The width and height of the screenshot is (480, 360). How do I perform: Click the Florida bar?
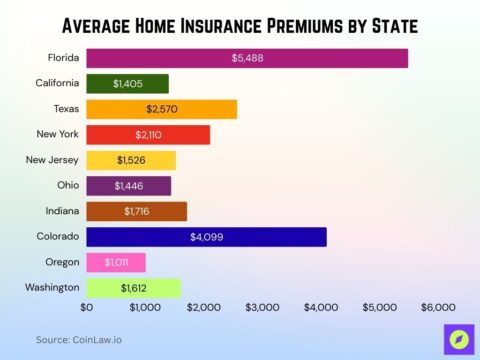pyautogui.click(x=247, y=58)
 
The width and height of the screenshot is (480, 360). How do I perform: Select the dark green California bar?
pyautogui.click(x=127, y=84)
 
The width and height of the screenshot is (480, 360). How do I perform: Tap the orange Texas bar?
pyautogui.click(x=161, y=109)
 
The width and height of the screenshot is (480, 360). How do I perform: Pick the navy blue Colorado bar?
pyautogui.click(x=206, y=237)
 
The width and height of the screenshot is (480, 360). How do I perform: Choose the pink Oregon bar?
pyautogui.click(x=116, y=262)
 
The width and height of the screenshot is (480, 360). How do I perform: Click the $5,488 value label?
pyautogui.click(x=247, y=58)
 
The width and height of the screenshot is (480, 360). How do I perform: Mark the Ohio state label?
pyautogui.click(x=67, y=185)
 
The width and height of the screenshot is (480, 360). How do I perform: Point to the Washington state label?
pyautogui.click(x=52, y=287)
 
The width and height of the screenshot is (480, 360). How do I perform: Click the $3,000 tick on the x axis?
pyautogui.click(x=263, y=308)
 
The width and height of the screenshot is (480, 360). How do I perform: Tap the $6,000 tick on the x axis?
pyautogui.click(x=438, y=308)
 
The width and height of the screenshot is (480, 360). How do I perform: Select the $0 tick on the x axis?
pyautogui.click(x=87, y=308)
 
